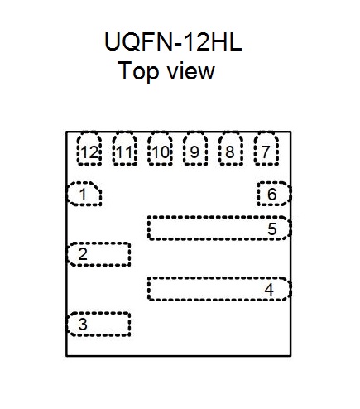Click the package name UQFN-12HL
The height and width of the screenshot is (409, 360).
pyautogui.click(x=173, y=41)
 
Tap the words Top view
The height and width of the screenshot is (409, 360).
pyautogui.click(x=166, y=70)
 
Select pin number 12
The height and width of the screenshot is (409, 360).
pyautogui.click(x=89, y=152)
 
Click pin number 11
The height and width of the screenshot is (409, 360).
pyautogui.click(x=125, y=152)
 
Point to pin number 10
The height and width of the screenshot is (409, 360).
pyautogui.click(x=161, y=152)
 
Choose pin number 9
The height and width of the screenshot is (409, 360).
pyautogui.click(x=194, y=152)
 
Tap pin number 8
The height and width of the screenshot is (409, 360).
pyautogui.click(x=230, y=152)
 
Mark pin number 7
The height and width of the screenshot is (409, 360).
pyautogui.click(x=266, y=152)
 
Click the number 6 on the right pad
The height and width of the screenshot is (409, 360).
pyautogui.click(x=272, y=194)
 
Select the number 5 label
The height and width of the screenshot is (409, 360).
pyautogui.click(x=272, y=229)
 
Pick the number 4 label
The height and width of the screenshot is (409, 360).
pyautogui.click(x=269, y=290)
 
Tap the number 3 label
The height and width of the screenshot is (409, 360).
pyautogui.click(x=83, y=325)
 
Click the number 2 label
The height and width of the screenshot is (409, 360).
pyautogui.click(x=83, y=254)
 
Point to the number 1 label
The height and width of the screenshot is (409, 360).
pyautogui.click(x=83, y=195)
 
